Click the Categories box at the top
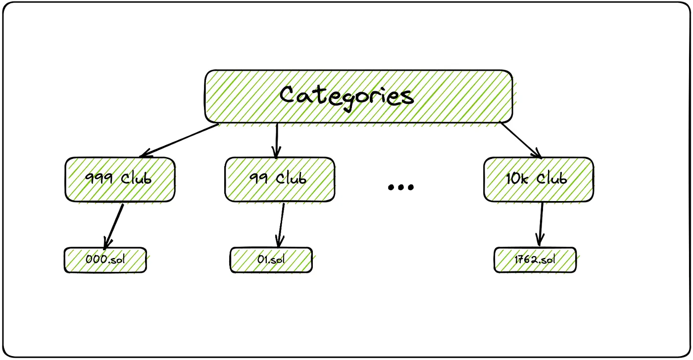tap(358, 96)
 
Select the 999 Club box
tap(119, 179)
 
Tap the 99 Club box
tap(280, 179)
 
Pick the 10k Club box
tap(538, 179)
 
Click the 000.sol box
tap(105, 260)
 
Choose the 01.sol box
tap(271, 260)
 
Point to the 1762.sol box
tap(535, 260)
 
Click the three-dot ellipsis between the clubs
tap(400, 187)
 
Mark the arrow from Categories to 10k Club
tap(521, 140)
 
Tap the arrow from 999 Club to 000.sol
tap(114, 225)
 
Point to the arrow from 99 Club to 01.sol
tap(281, 225)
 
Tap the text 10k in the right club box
tap(516, 179)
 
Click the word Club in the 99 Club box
tap(292, 179)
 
